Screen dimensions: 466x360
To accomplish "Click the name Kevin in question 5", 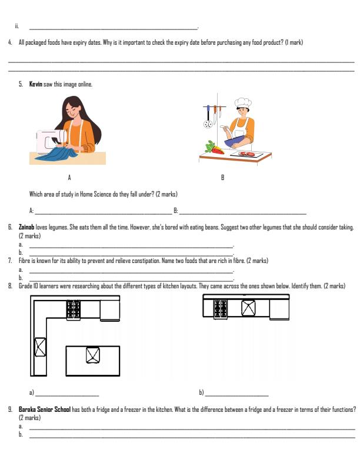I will click(36, 85).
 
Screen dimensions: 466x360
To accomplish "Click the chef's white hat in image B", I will click(242, 103).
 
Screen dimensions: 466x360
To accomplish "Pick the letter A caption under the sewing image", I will click(69, 177).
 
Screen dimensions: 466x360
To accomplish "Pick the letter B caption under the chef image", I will click(222, 177).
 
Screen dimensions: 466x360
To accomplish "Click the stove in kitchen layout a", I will click(74, 309).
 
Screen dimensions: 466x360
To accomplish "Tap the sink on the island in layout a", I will click(92, 355).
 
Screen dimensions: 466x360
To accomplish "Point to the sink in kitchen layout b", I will click(249, 308).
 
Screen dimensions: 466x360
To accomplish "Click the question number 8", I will click(10, 286).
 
